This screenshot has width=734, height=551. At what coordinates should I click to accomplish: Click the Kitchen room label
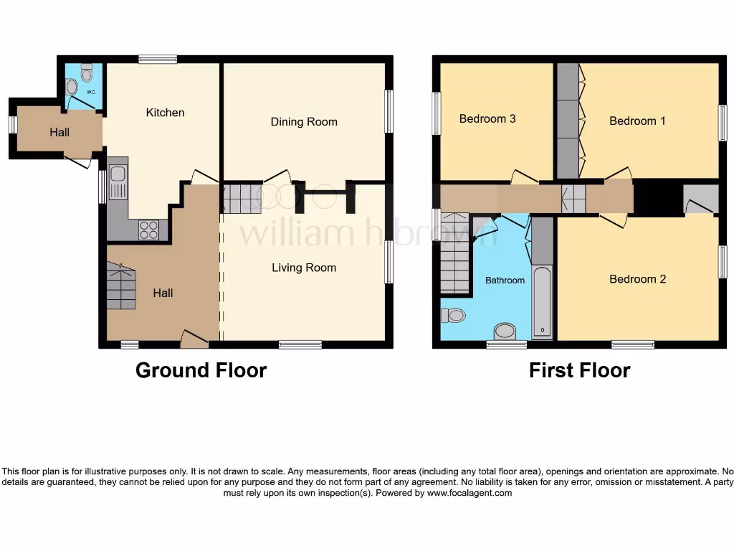click(165, 113)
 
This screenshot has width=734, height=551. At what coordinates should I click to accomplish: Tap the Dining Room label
click(304, 122)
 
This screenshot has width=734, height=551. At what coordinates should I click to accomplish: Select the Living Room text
click(304, 268)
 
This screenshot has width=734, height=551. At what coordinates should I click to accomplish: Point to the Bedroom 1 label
click(637, 121)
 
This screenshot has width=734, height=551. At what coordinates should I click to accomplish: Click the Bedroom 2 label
click(637, 278)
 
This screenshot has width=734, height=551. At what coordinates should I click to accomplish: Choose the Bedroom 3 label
click(487, 118)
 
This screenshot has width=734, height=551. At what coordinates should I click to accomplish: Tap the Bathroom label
click(505, 280)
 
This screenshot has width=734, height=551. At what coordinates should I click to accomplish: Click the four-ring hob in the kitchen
click(149, 230)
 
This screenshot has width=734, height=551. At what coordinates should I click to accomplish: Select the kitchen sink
click(118, 181)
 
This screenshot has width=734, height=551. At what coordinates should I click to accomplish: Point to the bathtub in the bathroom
click(542, 301)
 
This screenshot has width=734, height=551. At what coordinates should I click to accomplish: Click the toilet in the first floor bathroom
click(454, 315)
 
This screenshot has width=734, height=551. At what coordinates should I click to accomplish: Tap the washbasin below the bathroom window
click(505, 331)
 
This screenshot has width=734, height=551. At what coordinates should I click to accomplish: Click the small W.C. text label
click(91, 92)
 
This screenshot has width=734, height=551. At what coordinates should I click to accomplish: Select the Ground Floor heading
click(201, 370)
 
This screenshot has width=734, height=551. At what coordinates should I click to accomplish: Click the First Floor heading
click(579, 370)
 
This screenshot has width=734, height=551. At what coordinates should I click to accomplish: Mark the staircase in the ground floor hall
click(120, 286)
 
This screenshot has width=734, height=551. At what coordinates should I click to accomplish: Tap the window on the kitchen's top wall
click(158, 60)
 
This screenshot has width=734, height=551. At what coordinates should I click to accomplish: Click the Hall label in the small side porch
click(59, 132)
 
